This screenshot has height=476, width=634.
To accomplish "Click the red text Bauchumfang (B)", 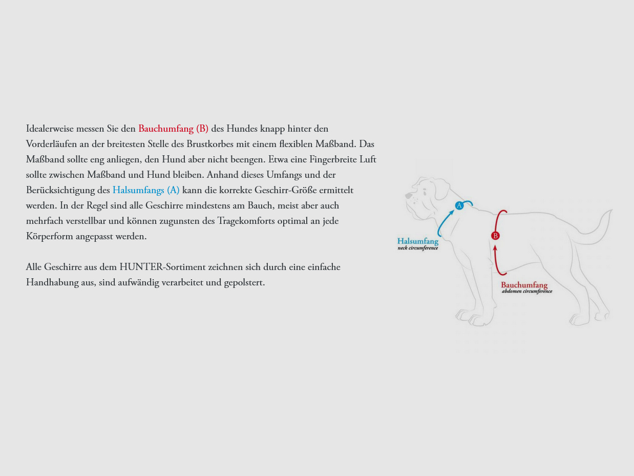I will (173, 129).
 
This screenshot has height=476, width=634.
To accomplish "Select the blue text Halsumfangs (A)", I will (146, 190).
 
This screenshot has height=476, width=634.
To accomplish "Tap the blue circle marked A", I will (459, 205).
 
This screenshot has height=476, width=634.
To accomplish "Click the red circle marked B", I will (495, 236).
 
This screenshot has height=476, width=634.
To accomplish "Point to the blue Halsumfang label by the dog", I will (418, 241).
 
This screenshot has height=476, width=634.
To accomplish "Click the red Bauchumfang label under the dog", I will (524, 285).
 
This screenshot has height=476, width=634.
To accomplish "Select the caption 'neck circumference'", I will (418, 248).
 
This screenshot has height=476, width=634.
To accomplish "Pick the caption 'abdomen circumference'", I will (527, 292).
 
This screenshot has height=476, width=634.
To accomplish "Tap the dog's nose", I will (408, 196).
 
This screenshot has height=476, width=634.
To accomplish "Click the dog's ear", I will (440, 190).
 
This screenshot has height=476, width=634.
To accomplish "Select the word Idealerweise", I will (50, 129).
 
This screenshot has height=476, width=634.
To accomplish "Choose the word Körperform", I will (50, 236).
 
